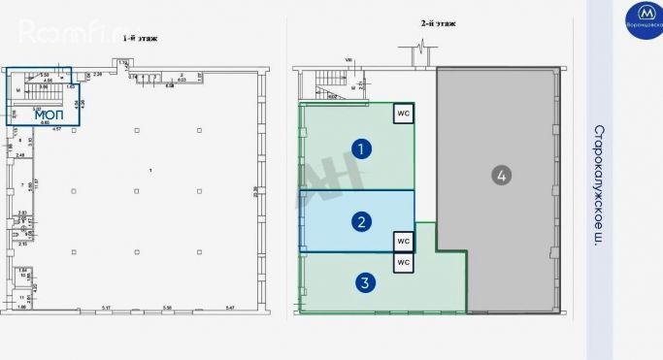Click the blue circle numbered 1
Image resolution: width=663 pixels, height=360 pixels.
[361, 148]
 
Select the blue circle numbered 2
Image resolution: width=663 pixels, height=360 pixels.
[361, 222]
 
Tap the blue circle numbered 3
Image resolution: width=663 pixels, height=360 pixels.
[364, 283]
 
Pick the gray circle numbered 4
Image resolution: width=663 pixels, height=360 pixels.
[501, 176]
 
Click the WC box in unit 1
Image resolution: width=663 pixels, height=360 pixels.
[403, 114]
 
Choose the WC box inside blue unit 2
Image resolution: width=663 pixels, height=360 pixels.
[403, 240]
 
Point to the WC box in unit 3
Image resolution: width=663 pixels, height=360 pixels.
[403, 262]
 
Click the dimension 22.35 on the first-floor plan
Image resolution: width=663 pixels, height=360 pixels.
[257, 190]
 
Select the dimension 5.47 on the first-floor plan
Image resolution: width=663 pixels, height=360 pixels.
[229, 308]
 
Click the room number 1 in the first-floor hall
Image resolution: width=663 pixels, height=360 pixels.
[150, 171]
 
